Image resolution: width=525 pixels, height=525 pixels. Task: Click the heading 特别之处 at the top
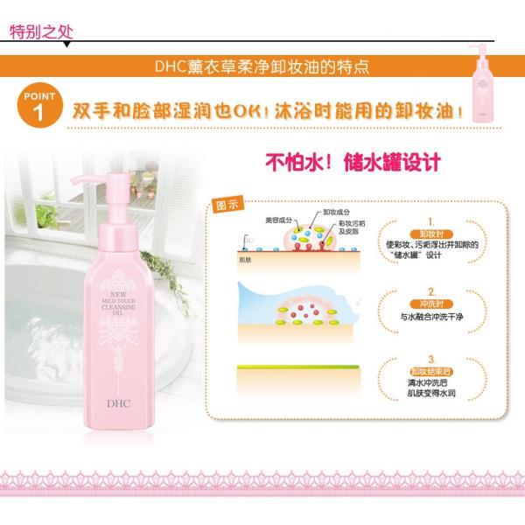(x=38, y=33)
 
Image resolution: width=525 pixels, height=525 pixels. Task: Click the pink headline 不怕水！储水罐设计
(x=353, y=164)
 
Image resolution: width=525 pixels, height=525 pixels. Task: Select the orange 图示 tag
(x=228, y=206)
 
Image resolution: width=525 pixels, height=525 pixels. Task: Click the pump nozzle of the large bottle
(x=83, y=166)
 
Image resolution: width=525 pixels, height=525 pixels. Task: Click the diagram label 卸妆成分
(x=337, y=212)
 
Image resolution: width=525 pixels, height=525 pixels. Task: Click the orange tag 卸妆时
(x=430, y=234)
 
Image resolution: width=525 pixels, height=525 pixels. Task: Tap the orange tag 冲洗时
(x=430, y=304)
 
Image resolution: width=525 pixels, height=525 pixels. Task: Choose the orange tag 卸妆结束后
(x=430, y=371)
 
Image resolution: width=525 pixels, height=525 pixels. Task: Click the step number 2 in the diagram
(x=431, y=290)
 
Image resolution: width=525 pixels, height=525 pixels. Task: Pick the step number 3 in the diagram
(x=431, y=359)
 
